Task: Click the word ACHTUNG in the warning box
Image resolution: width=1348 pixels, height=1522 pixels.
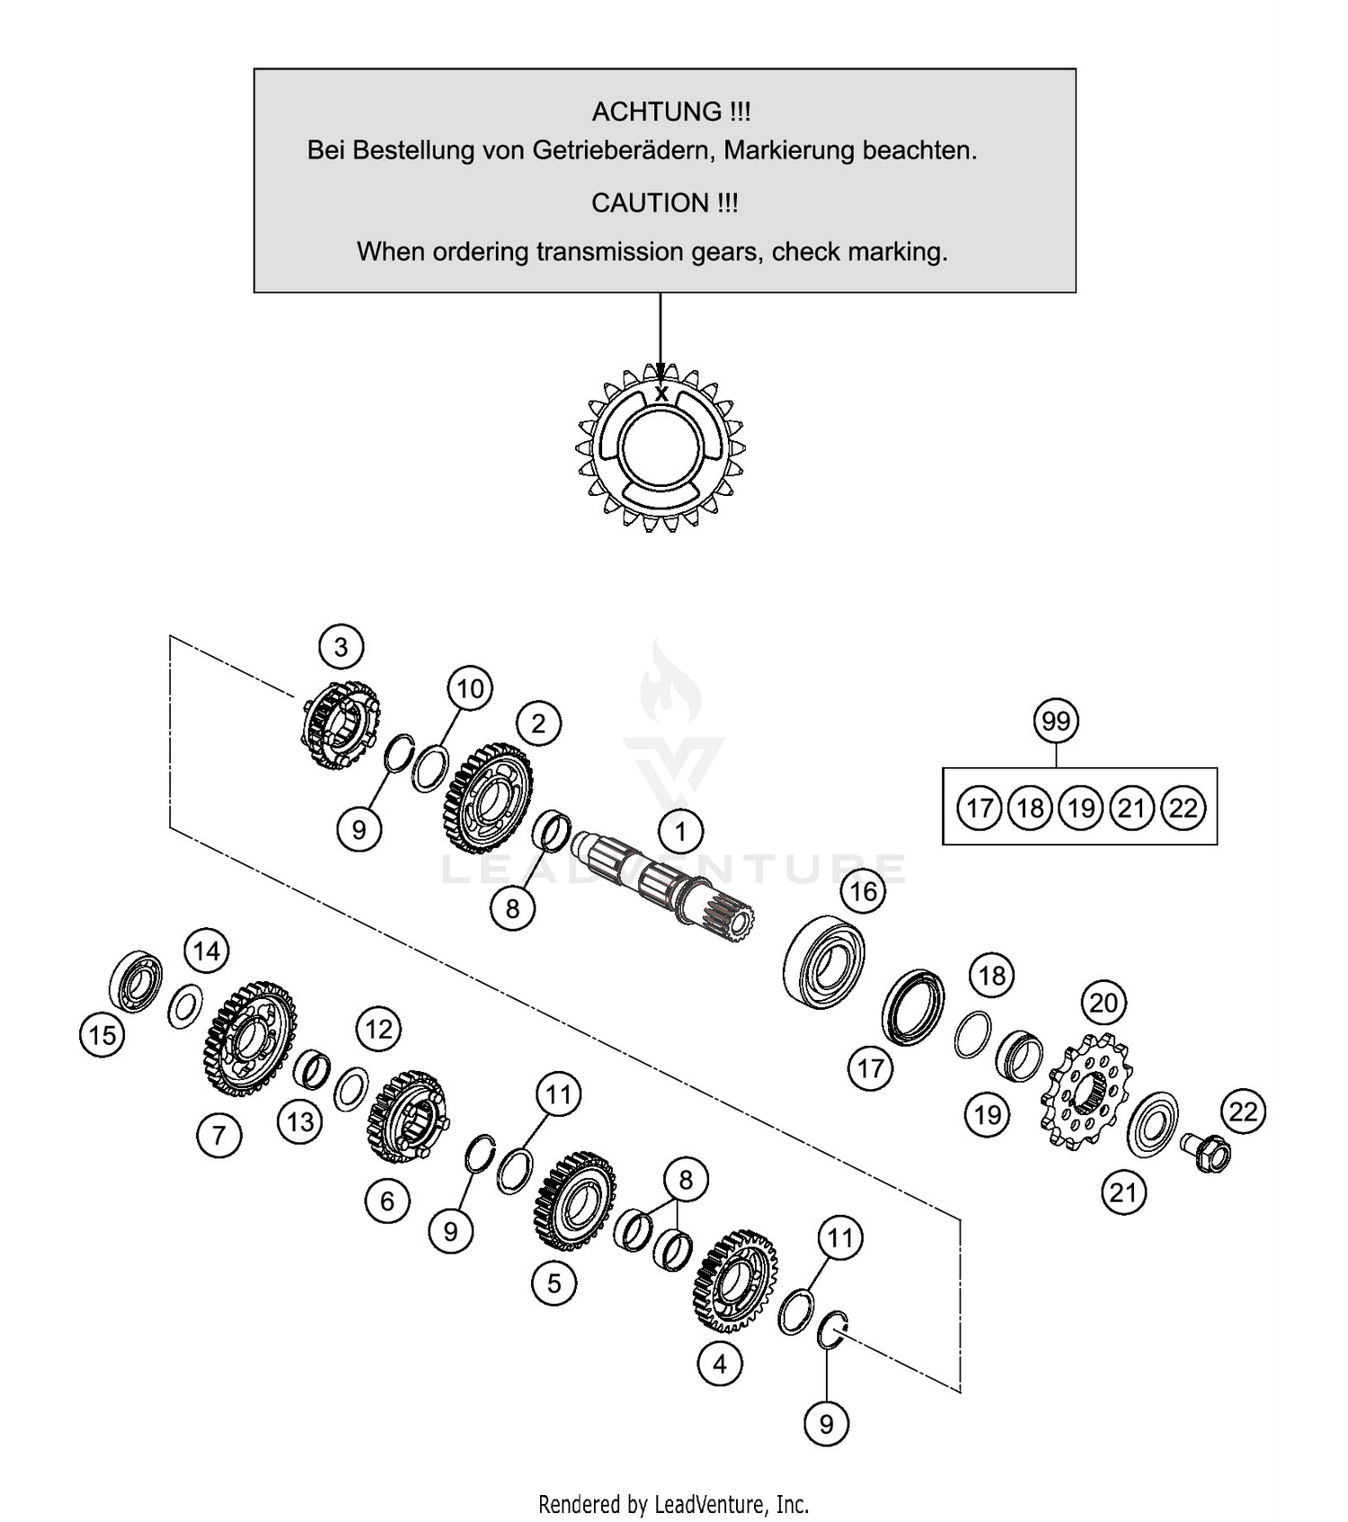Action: [656, 112]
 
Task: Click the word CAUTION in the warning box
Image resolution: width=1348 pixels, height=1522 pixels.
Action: [651, 203]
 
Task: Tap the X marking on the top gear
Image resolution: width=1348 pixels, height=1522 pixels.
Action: [661, 394]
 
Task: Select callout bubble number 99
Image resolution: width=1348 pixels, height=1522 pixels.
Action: [1056, 721]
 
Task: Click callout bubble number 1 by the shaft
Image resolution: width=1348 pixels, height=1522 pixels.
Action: [680, 831]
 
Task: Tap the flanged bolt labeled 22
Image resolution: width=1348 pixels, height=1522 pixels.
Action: [1206, 1153]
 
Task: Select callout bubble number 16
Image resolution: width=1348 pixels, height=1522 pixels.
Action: [863, 891]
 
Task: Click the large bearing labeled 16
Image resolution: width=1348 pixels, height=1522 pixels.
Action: [824, 960]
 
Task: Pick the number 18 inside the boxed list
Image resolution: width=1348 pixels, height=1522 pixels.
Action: [1030, 808]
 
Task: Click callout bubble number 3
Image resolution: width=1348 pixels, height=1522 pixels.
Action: [341, 647]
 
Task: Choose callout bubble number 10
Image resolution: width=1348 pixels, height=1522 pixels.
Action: [470, 689]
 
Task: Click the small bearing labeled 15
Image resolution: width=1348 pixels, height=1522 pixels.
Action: [136, 979]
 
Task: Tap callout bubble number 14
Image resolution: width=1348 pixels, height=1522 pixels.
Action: [207, 951]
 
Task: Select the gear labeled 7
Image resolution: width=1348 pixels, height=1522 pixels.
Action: [249, 1039]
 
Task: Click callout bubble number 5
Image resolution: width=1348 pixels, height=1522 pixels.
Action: [554, 1283]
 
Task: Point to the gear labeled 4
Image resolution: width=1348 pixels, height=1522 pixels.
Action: [733, 1280]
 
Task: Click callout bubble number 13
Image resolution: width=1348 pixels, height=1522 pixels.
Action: [300, 1121]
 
